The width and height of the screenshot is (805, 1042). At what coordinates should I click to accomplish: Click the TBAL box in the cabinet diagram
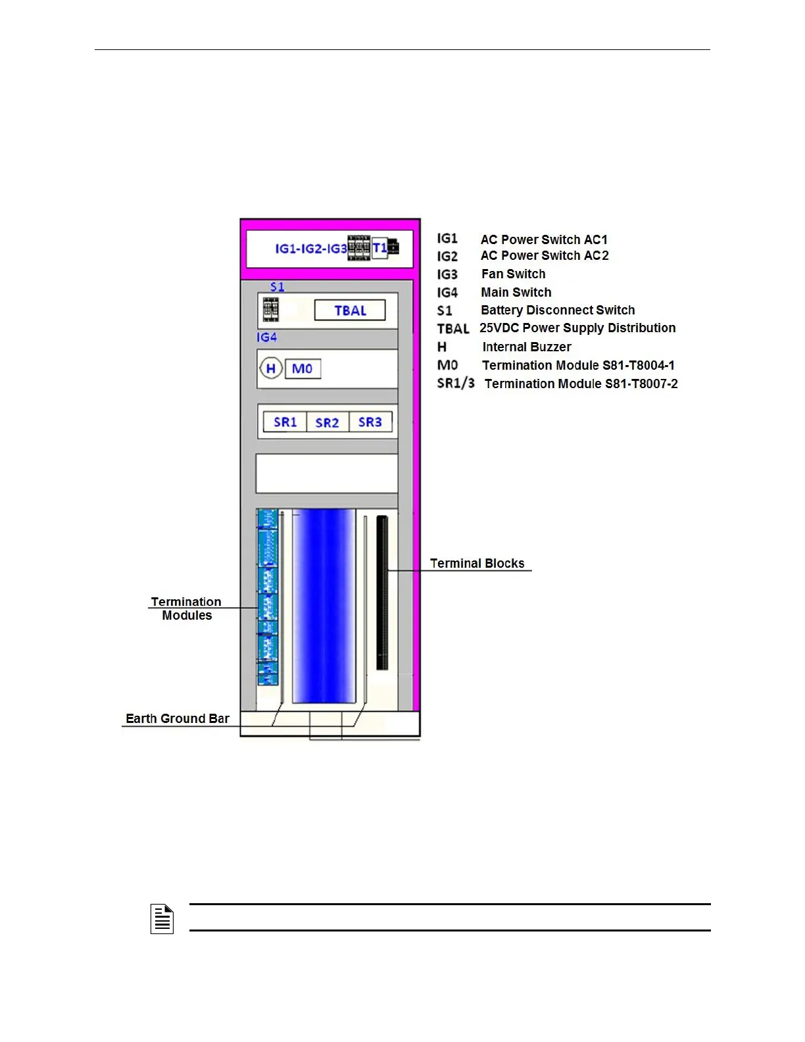[350, 310]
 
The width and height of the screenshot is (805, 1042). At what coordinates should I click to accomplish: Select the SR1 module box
[285, 422]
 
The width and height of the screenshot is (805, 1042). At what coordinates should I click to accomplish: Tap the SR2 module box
[327, 422]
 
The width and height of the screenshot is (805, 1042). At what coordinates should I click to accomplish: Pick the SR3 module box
[370, 422]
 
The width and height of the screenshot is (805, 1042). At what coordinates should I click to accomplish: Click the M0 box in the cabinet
[303, 368]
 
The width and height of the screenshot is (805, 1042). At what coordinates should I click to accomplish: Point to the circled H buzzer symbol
[270, 368]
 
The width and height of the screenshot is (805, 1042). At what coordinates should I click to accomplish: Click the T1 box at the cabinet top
[379, 248]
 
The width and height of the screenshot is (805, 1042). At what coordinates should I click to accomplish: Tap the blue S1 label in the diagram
[277, 287]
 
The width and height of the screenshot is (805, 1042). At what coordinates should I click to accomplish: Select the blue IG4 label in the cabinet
[266, 337]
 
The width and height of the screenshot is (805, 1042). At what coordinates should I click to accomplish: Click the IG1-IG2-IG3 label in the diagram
[310, 249]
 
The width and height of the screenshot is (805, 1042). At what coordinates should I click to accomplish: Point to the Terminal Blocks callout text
[477, 563]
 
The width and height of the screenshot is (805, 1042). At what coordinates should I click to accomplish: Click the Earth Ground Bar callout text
[178, 718]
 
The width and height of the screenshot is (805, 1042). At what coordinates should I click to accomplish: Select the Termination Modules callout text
[186, 608]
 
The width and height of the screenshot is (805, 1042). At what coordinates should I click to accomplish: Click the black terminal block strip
[382, 592]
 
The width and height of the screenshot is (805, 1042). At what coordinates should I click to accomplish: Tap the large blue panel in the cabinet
[324, 605]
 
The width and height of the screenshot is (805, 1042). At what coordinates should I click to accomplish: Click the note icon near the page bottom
[162, 919]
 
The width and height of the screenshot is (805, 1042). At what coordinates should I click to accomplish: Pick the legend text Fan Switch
[513, 274]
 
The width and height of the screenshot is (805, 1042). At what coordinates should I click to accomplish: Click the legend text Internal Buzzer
[526, 347]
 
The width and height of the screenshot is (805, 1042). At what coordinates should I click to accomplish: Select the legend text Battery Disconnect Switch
[558, 310]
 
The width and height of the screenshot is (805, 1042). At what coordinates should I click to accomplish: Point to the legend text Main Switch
[516, 292]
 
